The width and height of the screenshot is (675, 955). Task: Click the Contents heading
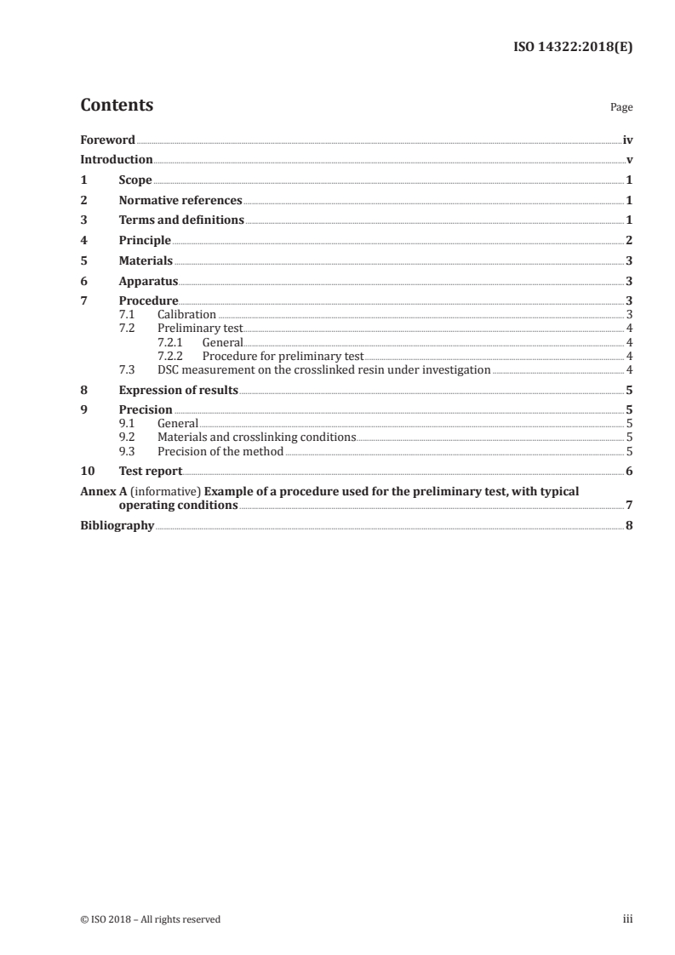point(117,106)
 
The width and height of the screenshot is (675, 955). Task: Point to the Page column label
point(621,108)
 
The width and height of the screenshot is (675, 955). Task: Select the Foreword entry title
point(107,139)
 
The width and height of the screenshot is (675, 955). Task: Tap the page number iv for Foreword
point(627,139)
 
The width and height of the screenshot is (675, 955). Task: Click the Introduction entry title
point(117,159)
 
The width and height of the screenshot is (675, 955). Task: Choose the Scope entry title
point(135,180)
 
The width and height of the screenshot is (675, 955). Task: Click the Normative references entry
point(180,201)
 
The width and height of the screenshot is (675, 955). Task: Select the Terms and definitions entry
point(181,220)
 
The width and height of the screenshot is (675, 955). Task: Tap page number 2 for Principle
point(629,241)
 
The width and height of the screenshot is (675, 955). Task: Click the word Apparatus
point(149,281)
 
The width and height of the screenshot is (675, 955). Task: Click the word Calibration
point(186,315)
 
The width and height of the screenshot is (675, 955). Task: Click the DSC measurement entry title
point(323,369)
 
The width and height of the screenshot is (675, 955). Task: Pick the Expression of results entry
point(178,391)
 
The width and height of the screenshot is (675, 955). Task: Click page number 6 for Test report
point(629,472)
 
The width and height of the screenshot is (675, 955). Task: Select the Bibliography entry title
point(117,526)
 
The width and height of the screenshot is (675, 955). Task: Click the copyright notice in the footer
point(151,919)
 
